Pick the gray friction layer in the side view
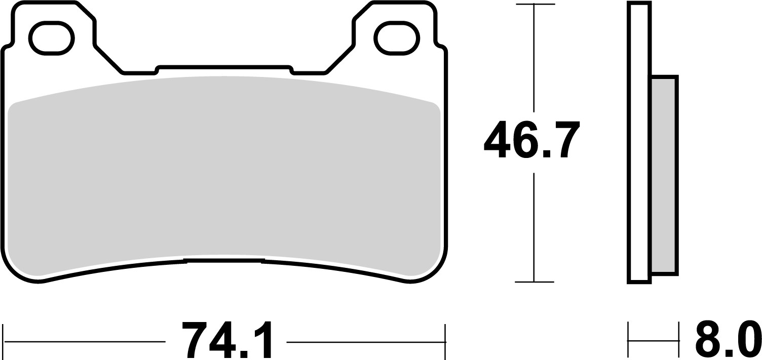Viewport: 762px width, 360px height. (x=664, y=175)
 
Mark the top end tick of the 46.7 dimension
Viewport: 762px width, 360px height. (x=534, y=5)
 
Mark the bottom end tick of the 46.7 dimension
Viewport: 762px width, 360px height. (x=534, y=282)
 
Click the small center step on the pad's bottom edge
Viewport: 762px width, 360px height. (x=223, y=261)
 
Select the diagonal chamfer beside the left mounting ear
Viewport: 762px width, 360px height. (x=109, y=59)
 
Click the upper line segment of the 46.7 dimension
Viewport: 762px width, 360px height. (x=534, y=56)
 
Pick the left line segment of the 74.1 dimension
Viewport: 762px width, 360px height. (x=84, y=342)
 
